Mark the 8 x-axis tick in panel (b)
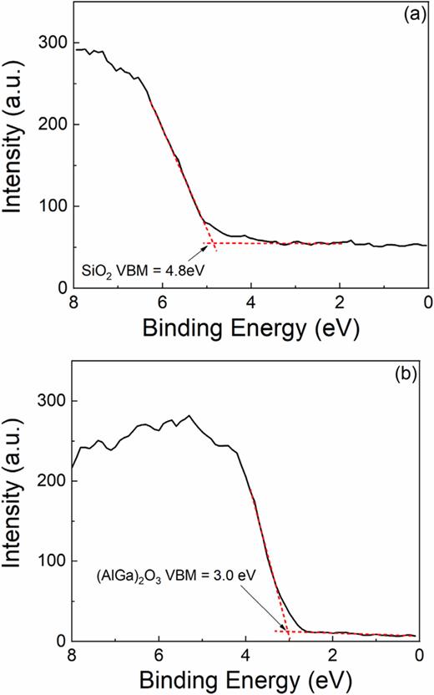coord(73,655)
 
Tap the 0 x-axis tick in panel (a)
coord(426,302)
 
